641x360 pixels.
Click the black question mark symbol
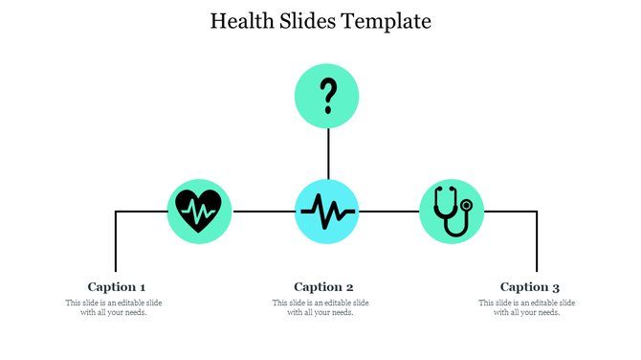(328, 95)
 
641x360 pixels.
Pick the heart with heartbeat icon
(200, 210)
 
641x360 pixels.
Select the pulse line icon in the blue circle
(327, 211)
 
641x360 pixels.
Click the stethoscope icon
(451, 211)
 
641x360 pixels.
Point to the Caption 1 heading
(117, 286)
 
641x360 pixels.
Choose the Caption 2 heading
(323, 286)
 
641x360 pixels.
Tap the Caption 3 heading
(530, 286)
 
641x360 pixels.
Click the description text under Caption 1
(114, 307)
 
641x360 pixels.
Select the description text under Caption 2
(320, 307)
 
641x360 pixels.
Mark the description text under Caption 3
(527, 307)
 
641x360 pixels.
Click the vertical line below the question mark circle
(328, 153)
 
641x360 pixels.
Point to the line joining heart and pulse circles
(264, 211)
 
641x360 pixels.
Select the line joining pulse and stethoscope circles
(389, 211)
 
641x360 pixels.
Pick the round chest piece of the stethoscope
(467, 205)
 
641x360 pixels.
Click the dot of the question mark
(328, 110)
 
